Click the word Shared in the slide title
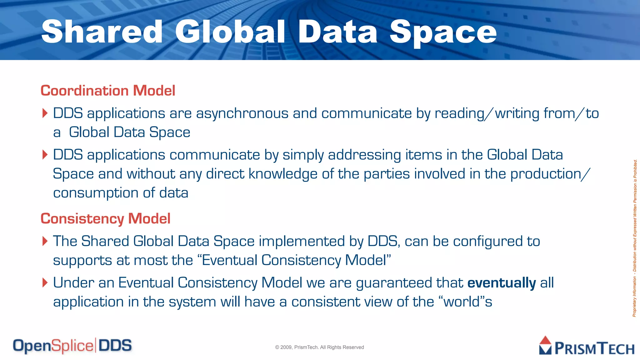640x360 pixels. click(102, 32)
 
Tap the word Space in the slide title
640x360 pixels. click(443, 32)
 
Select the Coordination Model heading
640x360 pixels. click(108, 91)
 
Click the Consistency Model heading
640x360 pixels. click(105, 219)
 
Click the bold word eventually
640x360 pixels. click(502, 283)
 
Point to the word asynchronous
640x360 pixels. click(242, 113)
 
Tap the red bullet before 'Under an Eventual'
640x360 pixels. click(45, 283)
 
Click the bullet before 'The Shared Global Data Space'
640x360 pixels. click(45, 241)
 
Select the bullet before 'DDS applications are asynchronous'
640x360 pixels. click(45, 113)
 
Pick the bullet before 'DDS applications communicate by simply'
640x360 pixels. click(45, 155)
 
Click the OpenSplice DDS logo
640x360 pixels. click(72, 346)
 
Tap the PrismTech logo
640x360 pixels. click(587, 346)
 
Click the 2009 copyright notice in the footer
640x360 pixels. click(319, 347)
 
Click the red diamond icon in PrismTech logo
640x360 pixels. click(545, 340)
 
